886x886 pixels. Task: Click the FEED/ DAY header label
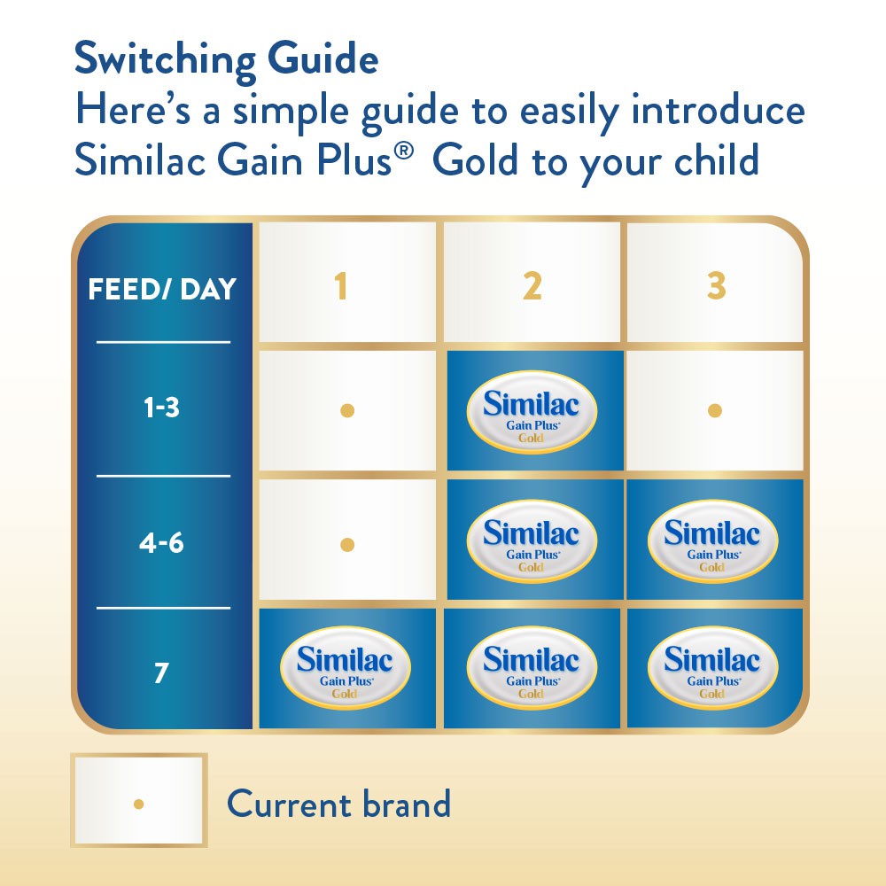pyautogui.click(x=162, y=290)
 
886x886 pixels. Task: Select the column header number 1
pyautogui.click(x=340, y=286)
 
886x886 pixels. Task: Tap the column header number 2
pyautogui.click(x=532, y=286)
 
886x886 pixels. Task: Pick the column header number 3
pyautogui.click(x=717, y=286)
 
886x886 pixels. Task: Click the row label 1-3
pyautogui.click(x=161, y=408)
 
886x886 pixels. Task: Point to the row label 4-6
pyautogui.click(x=161, y=543)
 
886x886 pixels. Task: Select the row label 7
pyautogui.click(x=161, y=673)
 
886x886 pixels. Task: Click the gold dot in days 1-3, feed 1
pyautogui.click(x=347, y=410)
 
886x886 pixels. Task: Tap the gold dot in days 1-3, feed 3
pyautogui.click(x=715, y=410)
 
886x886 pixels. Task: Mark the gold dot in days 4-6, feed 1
pyautogui.click(x=347, y=545)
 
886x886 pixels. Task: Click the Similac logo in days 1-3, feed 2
pyautogui.click(x=532, y=411)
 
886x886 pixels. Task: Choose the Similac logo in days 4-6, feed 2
pyautogui.click(x=532, y=540)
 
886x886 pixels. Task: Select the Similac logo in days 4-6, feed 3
pyautogui.click(x=712, y=540)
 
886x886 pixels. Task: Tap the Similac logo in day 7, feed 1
pyautogui.click(x=346, y=667)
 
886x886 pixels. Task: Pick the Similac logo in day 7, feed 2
pyautogui.click(x=532, y=667)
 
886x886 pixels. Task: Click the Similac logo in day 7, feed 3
pyautogui.click(x=712, y=667)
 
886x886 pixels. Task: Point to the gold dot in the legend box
pyautogui.click(x=139, y=804)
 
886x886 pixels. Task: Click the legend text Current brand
pyautogui.click(x=338, y=804)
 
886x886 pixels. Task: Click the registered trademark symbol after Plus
pyautogui.click(x=404, y=152)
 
